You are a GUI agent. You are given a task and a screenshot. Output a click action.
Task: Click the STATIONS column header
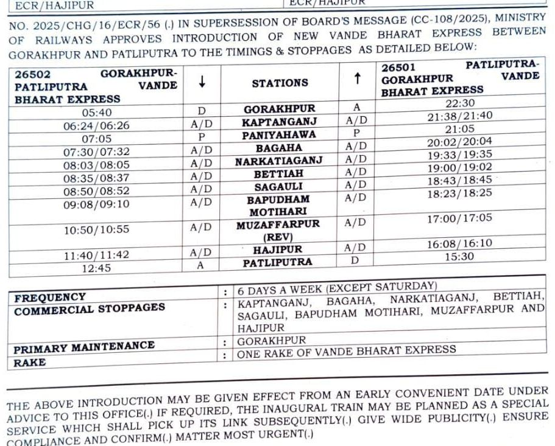click(x=280, y=83)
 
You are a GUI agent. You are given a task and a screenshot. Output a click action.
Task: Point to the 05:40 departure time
click(x=96, y=113)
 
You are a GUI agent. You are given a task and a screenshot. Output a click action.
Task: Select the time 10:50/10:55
click(x=96, y=230)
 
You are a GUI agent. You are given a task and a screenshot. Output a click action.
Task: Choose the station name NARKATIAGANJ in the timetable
click(x=279, y=161)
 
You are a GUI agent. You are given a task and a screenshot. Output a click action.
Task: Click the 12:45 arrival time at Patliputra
click(x=96, y=268)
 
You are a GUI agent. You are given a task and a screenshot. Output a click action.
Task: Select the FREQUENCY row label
click(x=50, y=298)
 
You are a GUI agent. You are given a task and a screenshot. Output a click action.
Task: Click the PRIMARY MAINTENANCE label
click(x=84, y=346)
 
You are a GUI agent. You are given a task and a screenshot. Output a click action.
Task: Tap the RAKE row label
click(x=31, y=363)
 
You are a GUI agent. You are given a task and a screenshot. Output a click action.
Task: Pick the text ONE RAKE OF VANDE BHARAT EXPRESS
click(x=346, y=350)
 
